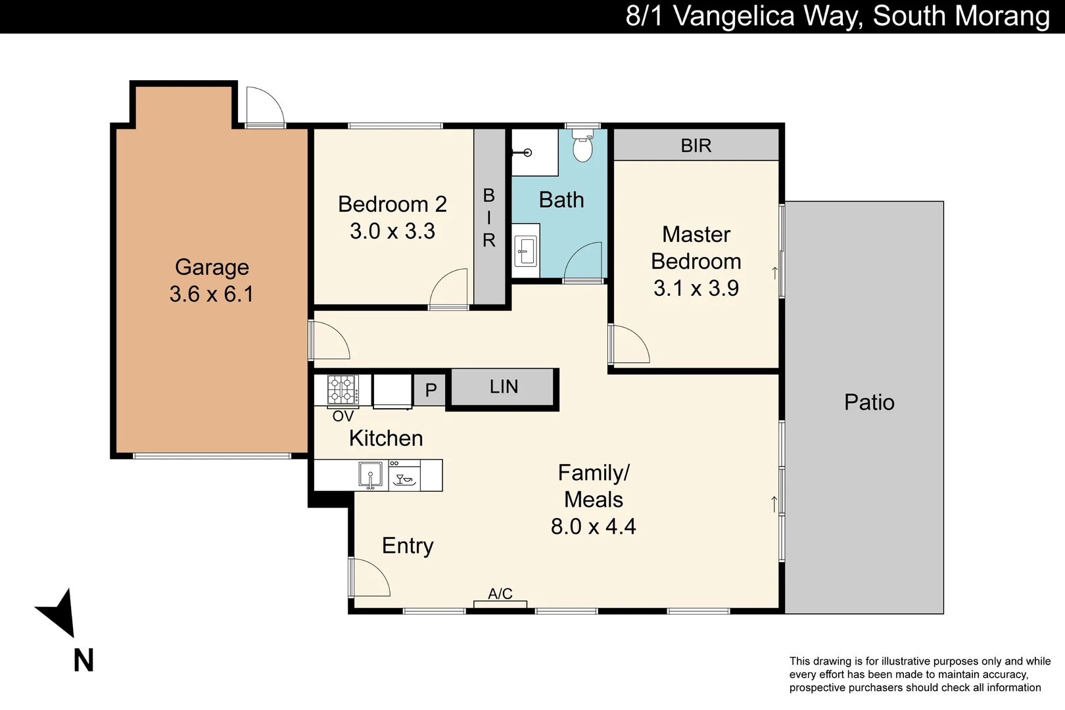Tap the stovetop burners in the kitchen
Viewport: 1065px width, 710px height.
pyautogui.click(x=342, y=389)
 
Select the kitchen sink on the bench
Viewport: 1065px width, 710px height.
pyautogui.click(x=370, y=475)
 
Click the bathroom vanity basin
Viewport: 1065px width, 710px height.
pyautogui.click(x=526, y=250)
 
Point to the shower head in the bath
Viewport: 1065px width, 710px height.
pyautogui.click(x=527, y=153)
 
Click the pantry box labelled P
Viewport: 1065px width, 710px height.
pyautogui.click(x=431, y=389)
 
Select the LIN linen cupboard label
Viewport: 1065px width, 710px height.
pyautogui.click(x=504, y=387)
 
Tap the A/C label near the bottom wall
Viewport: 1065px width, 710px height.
pyautogui.click(x=500, y=594)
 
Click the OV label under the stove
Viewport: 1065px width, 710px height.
pyautogui.click(x=343, y=416)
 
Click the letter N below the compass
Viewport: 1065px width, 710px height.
pyautogui.click(x=83, y=660)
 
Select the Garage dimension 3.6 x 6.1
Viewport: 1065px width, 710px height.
pyautogui.click(x=212, y=294)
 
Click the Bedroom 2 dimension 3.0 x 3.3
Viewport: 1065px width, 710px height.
pyautogui.click(x=392, y=231)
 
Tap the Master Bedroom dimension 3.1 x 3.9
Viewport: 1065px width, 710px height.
pyautogui.click(x=696, y=288)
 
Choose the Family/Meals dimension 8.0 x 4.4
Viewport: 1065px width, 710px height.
pyautogui.click(x=594, y=527)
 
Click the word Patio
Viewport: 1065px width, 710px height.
pyautogui.click(x=869, y=402)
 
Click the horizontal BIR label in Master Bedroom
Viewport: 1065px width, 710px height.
pyautogui.click(x=696, y=145)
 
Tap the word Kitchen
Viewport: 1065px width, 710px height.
pyautogui.click(x=386, y=438)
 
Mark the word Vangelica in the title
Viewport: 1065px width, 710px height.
pyautogui.click(x=734, y=16)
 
